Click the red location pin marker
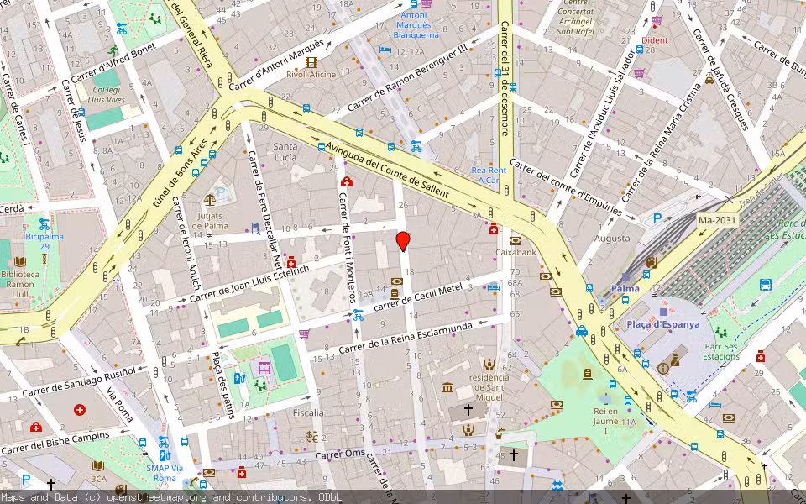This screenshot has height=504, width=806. tap(403, 241)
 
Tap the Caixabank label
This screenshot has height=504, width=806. tap(516, 251)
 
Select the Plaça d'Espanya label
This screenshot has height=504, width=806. tap(663, 324)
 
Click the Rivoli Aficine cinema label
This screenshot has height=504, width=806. tap(311, 74)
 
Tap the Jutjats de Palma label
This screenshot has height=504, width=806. tap(210, 220)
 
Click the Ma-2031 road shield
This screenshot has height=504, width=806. tap(716, 220)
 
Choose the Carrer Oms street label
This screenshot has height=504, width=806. tap(340, 454)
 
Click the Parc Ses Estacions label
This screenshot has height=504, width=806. tap(721, 350)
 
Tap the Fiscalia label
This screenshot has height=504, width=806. tap(308, 412)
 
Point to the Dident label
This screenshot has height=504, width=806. tap(655, 39)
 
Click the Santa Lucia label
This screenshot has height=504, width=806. tap(285, 152)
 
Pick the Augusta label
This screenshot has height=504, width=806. tap(612, 239)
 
